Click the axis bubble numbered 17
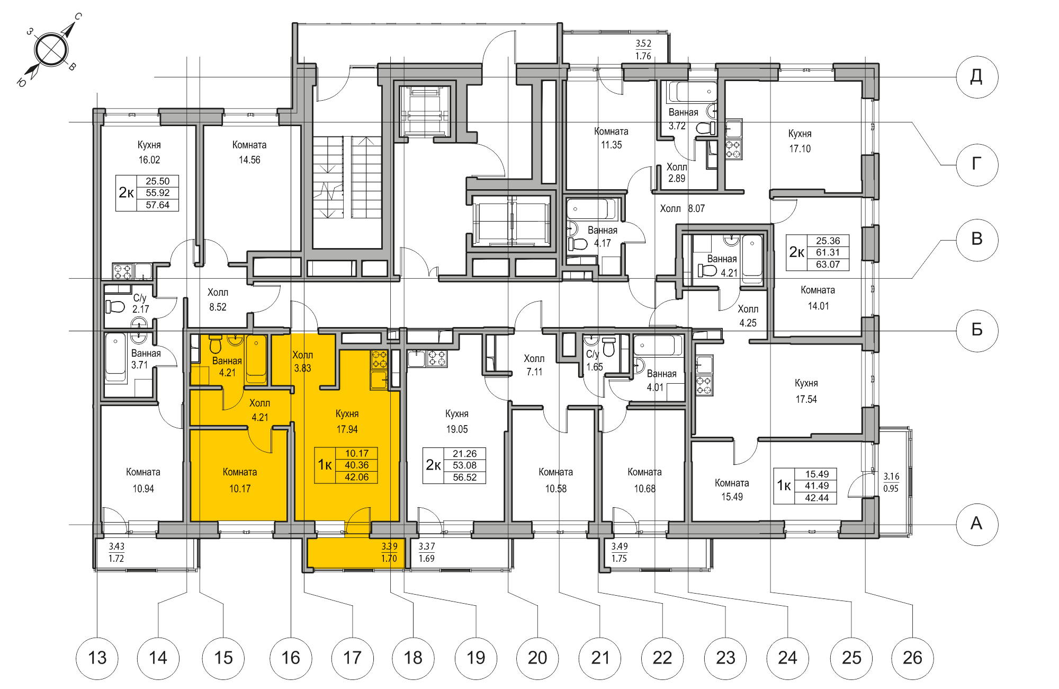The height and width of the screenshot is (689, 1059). point(352,658)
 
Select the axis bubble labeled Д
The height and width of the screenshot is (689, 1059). point(977,77)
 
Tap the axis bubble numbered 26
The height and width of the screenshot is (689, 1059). point(912,658)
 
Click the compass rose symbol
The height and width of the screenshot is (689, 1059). point(51,50)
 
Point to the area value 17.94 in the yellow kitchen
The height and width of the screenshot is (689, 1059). point(347,429)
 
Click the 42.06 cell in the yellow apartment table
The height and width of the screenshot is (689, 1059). point(356,477)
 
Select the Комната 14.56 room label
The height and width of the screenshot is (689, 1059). point(249,152)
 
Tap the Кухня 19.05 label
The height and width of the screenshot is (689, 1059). point(456,421)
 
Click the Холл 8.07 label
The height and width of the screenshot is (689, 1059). point(682,208)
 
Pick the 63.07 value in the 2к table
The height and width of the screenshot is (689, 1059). point(828,264)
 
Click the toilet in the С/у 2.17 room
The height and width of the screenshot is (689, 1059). point(114,306)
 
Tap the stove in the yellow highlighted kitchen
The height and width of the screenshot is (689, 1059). point(379,359)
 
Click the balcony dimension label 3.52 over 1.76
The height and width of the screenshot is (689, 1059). point(643,49)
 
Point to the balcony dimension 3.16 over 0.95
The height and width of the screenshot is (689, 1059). point(891,482)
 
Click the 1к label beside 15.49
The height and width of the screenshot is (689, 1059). point(784,485)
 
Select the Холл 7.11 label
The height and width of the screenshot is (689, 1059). point(534,365)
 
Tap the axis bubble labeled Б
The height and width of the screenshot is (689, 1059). point(977,330)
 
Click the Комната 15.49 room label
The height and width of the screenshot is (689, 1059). point(732,490)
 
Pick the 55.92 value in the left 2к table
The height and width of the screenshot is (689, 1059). point(157,193)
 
